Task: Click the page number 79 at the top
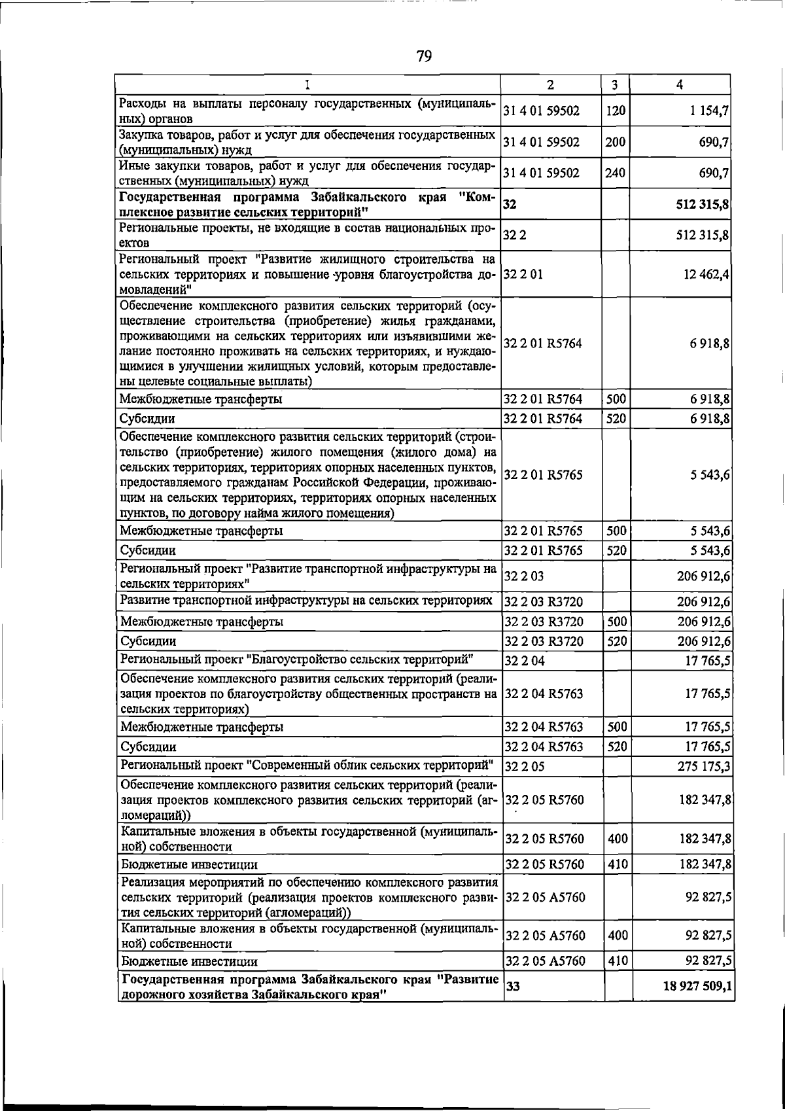424,56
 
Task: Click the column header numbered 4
681,84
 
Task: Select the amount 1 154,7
709,111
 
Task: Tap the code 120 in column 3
616,111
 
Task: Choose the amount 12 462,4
706,275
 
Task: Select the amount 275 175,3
704,766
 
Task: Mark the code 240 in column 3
616,173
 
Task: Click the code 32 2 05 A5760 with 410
545,961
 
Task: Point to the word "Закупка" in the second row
139,135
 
